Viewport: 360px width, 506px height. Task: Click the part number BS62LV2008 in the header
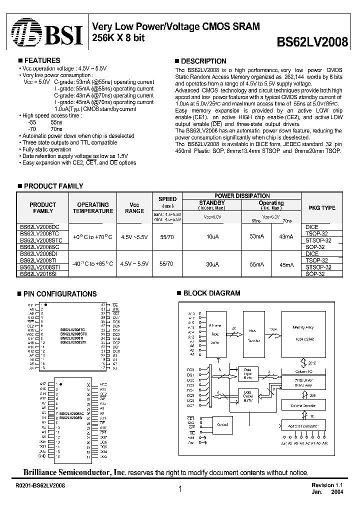pos(312,42)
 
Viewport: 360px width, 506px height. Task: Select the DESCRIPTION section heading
pos(203,61)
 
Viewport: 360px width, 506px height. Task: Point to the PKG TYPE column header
pos(320,208)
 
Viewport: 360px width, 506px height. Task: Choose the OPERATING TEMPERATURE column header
pos(92,208)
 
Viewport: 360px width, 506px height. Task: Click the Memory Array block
pos(303,333)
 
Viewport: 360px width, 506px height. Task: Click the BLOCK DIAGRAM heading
pos(211,293)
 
